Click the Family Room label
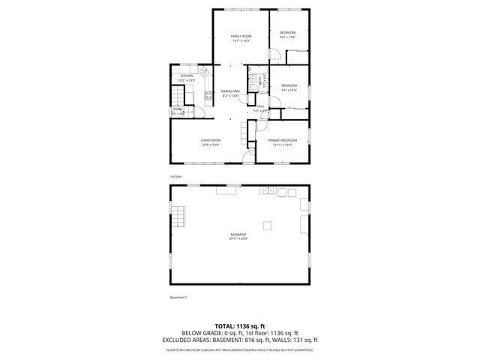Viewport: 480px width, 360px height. click(x=241, y=36)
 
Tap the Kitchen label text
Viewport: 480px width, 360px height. click(x=187, y=76)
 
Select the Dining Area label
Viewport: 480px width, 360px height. click(x=229, y=91)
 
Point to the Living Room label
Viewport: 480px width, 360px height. click(x=211, y=140)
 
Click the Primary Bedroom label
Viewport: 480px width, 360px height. click(x=282, y=140)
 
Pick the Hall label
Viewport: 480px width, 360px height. click(x=261, y=106)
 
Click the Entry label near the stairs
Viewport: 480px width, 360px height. click(x=178, y=109)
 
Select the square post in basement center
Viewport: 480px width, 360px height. click(x=267, y=225)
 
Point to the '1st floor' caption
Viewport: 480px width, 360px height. click(x=175, y=176)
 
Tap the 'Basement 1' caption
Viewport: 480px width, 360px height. click(x=178, y=298)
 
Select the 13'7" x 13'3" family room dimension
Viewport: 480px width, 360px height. click(x=241, y=40)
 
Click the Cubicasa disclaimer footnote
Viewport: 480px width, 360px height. click(x=239, y=349)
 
